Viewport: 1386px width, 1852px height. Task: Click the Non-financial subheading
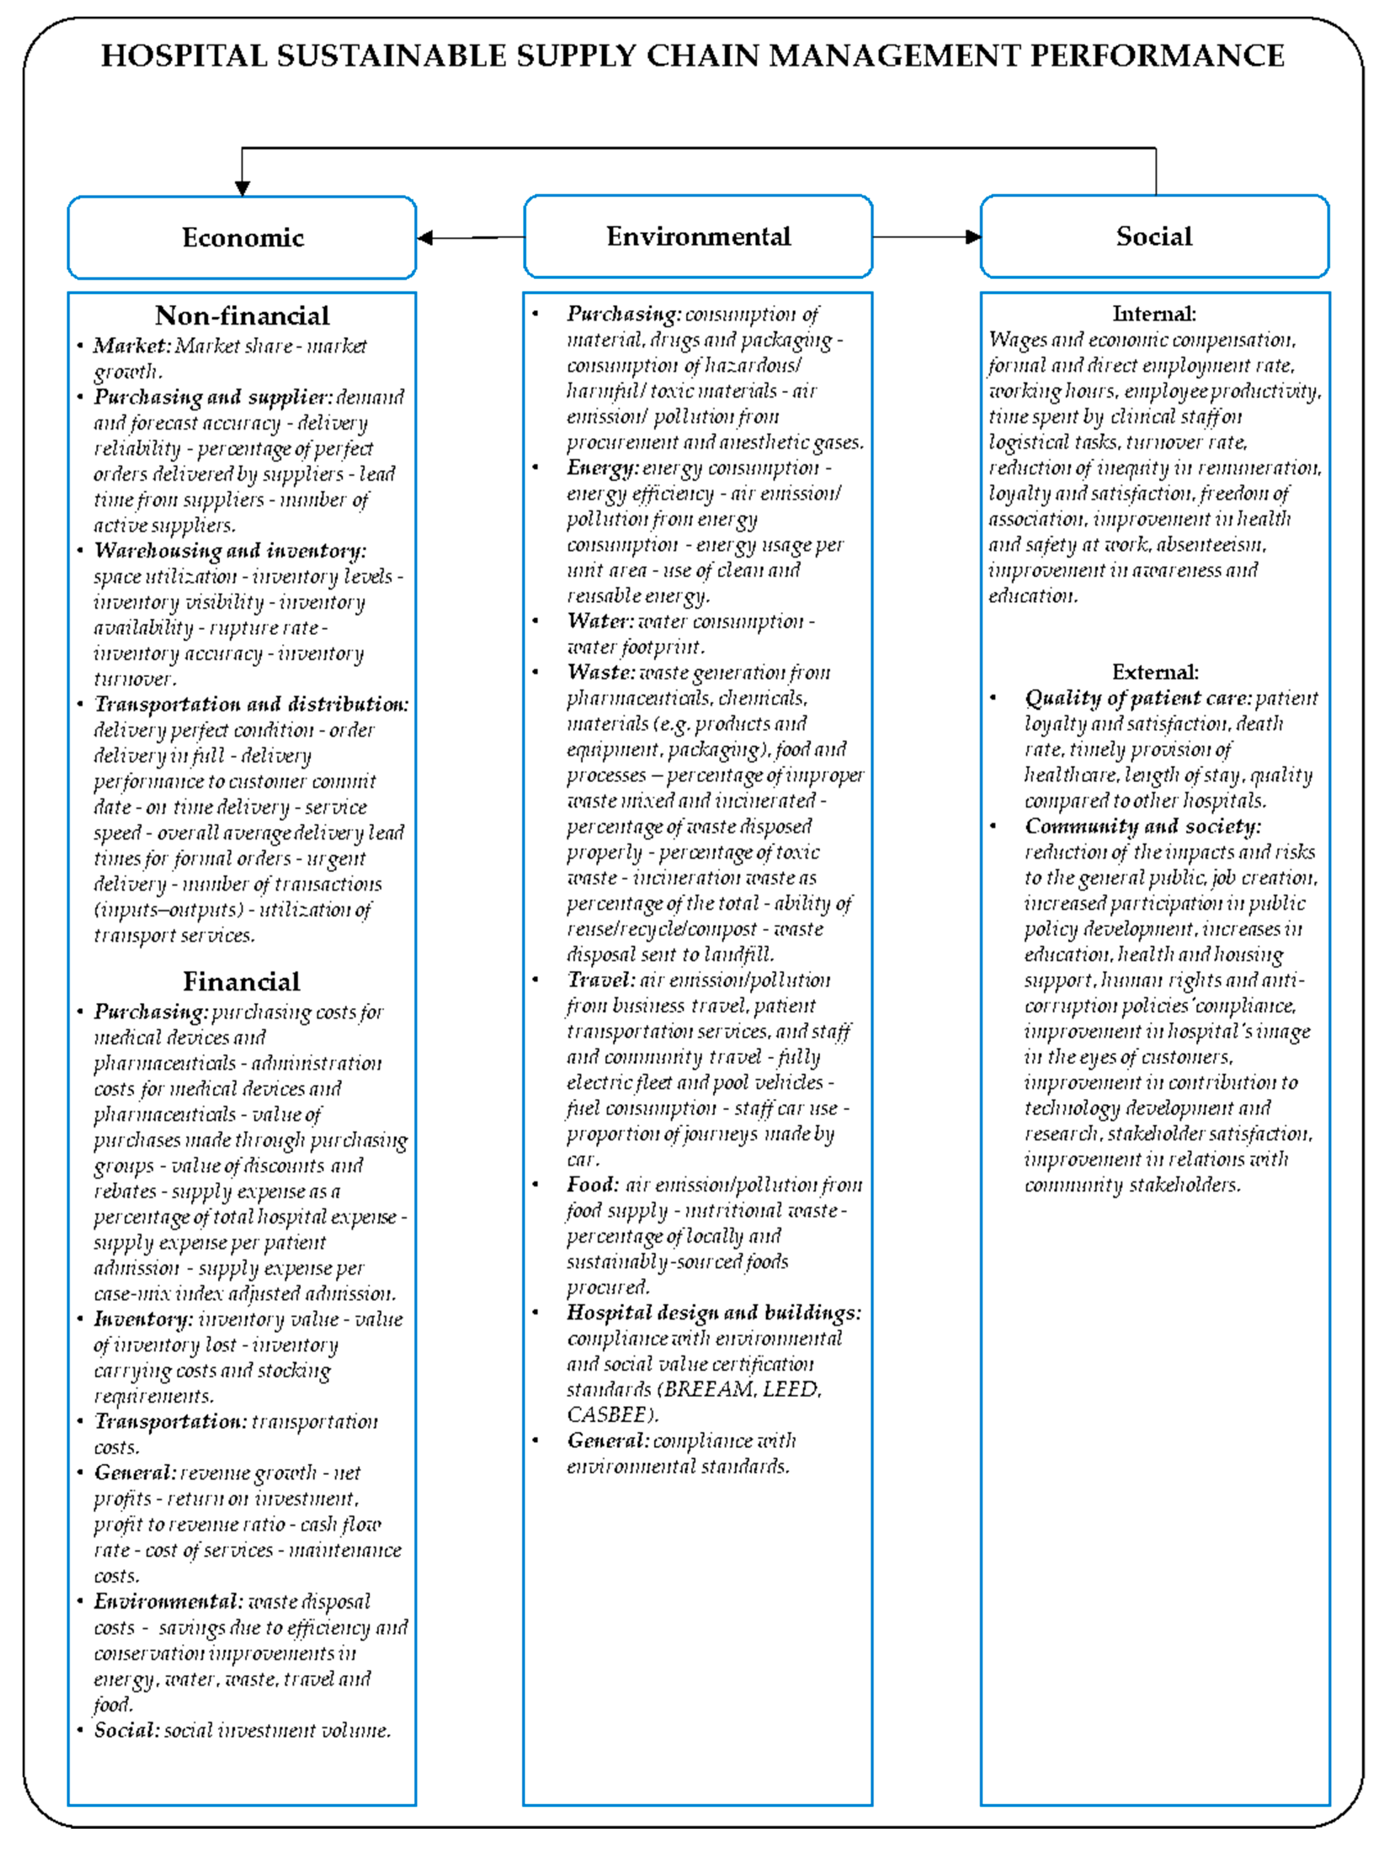point(242,316)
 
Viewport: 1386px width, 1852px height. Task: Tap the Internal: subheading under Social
point(1154,314)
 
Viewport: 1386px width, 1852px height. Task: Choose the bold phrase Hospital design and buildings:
point(714,1313)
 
